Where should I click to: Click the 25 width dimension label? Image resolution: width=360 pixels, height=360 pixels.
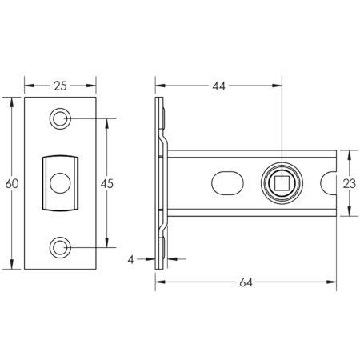coord(61,83)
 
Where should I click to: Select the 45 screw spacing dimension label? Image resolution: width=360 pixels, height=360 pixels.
coord(106,183)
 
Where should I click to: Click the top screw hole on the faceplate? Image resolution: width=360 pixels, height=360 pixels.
coord(61,118)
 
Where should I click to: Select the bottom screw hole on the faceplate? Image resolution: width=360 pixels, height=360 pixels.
coord(61,247)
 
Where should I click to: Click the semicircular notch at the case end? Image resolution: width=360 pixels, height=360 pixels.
coord(330,183)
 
